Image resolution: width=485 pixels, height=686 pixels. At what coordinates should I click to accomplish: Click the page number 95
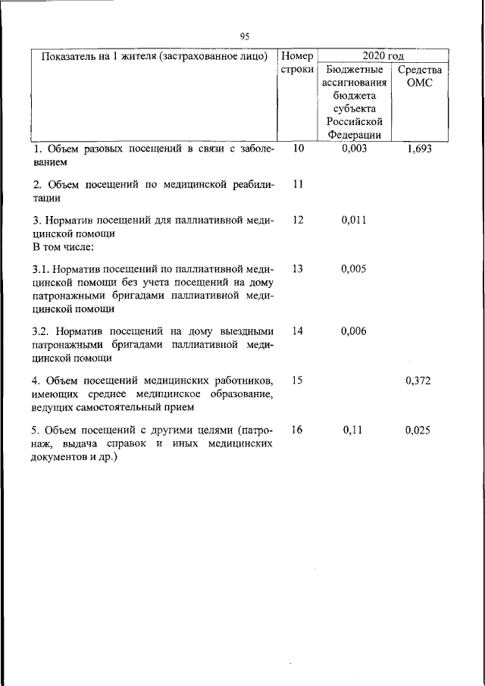(x=244, y=36)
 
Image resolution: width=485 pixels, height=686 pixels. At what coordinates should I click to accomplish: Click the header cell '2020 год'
(x=383, y=56)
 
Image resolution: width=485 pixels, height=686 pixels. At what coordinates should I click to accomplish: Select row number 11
(x=297, y=184)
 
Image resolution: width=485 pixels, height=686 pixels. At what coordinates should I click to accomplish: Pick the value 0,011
(x=354, y=220)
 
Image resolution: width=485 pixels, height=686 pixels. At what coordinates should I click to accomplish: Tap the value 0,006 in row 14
(x=354, y=331)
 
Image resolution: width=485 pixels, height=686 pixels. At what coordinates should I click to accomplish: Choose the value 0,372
(x=418, y=381)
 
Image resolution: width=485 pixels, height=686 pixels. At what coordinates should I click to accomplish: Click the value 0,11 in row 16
(x=354, y=430)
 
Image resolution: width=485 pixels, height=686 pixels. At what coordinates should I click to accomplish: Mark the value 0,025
(x=418, y=430)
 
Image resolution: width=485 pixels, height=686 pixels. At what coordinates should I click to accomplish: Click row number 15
(x=297, y=381)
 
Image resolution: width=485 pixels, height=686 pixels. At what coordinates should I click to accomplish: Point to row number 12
(x=297, y=220)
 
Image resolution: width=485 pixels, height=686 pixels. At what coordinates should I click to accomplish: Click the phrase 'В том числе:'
(x=63, y=247)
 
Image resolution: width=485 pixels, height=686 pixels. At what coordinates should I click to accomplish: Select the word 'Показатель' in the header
(x=69, y=56)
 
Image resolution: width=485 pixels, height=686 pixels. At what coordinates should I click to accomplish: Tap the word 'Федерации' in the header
(x=354, y=135)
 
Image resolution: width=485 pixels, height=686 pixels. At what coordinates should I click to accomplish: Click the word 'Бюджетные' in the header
(x=354, y=70)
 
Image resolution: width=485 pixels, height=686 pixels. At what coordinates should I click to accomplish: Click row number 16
(x=297, y=430)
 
